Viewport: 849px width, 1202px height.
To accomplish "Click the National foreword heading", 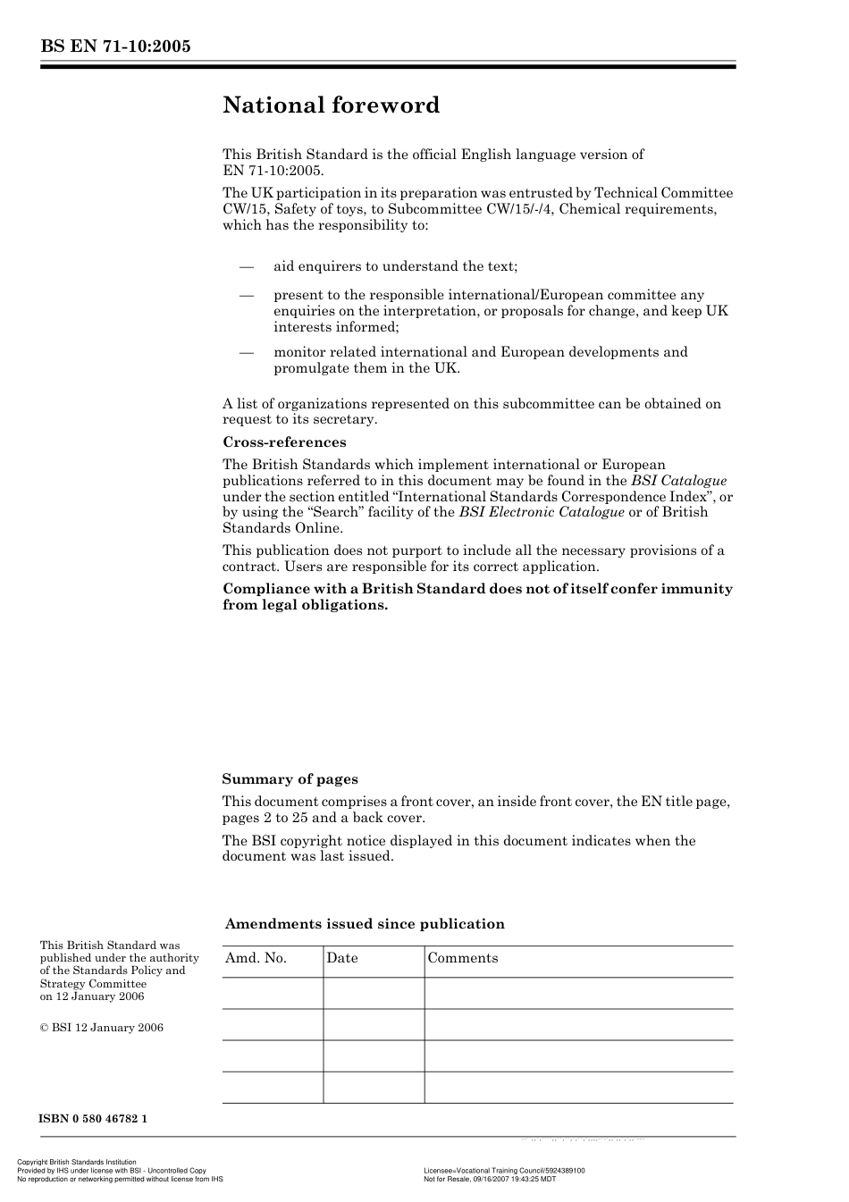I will (x=331, y=105).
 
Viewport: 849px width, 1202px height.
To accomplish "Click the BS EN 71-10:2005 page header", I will (x=115, y=46).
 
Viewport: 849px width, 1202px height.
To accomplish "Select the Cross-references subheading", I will (x=284, y=442).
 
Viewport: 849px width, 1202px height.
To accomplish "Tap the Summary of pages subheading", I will (x=290, y=779).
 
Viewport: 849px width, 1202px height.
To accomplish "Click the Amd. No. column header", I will (x=256, y=958).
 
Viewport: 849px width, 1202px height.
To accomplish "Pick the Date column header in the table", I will (x=341, y=958).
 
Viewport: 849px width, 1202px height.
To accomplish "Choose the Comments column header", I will (x=462, y=958).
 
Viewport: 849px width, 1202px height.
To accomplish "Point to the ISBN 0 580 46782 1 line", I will (x=93, y=1119).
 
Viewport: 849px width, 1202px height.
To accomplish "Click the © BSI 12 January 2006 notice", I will (x=101, y=1028).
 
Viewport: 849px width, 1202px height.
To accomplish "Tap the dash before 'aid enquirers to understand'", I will (x=247, y=266).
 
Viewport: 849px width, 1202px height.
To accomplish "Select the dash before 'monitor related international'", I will (x=247, y=352).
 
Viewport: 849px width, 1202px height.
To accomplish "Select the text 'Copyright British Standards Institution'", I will (x=77, y=1163).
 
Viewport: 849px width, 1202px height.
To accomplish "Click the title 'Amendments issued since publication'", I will (x=365, y=924).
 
